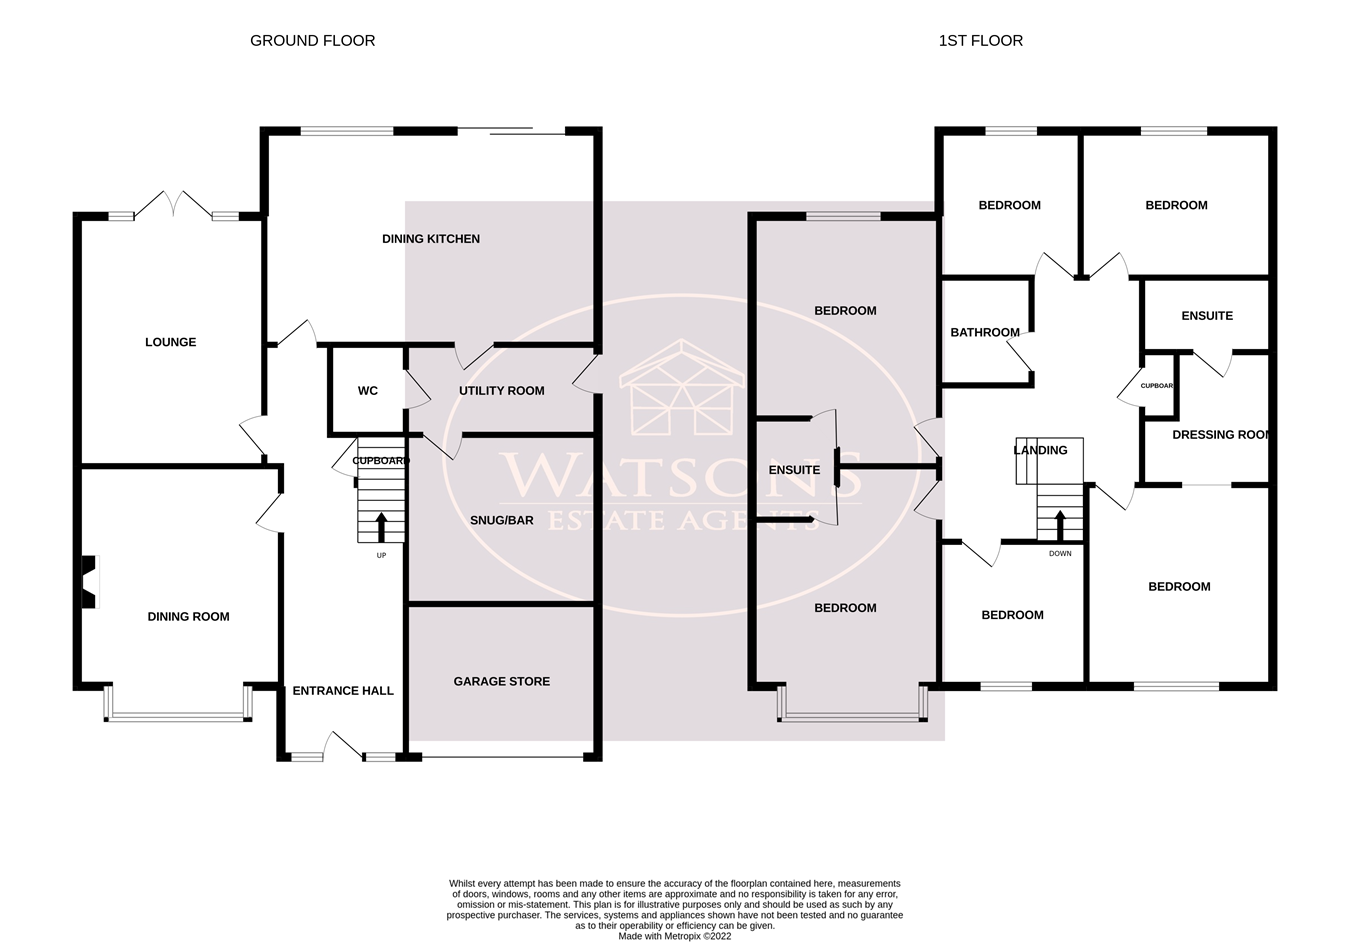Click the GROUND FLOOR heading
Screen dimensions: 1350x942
click(x=312, y=40)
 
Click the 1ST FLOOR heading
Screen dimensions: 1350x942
click(x=981, y=40)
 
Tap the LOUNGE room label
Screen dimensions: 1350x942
click(x=171, y=342)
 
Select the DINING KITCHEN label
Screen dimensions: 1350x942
click(x=431, y=239)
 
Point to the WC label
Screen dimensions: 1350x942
click(x=368, y=391)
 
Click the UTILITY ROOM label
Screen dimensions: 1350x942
click(x=501, y=391)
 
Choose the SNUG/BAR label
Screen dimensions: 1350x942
click(x=501, y=520)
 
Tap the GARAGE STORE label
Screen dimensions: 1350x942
click(x=501, y=681)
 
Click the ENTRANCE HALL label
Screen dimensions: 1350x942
click(x=343, y=691)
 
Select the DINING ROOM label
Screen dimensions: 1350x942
click(x=188, y=617)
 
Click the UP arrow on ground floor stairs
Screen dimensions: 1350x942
click(x=381, y=527)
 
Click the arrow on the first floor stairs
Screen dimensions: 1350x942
click(x=1060, y=525)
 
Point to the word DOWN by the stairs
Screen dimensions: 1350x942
click(x=1060, y=553)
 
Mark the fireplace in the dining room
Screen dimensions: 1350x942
click(x=89, y=582)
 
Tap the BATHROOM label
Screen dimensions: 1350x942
click(x=985, y=332)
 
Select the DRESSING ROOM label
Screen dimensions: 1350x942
click(x=1221, y=435)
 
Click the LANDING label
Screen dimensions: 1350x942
click(x=1040, y=450)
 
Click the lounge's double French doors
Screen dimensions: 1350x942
click(x=174, y=205)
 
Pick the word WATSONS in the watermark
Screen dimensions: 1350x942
click(x=681, y=475)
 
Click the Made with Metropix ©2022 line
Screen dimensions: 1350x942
click(x=674, y=936)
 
